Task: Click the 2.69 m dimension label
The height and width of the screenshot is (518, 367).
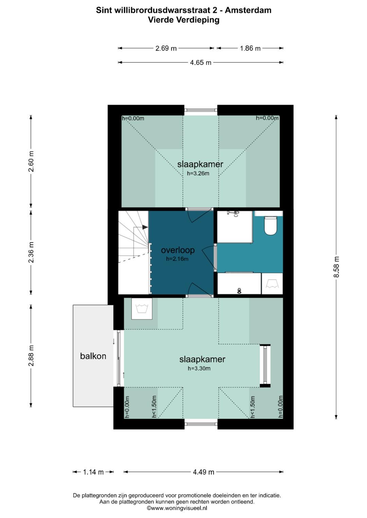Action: pos(166,48)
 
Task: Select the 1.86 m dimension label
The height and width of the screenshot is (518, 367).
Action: pos(250,48)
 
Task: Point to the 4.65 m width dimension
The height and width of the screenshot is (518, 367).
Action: pos(200,62)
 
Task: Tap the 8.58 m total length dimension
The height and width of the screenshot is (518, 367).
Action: pos(336,267)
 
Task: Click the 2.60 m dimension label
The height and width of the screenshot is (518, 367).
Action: pos(31,161)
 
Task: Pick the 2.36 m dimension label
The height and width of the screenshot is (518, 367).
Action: pos(31,252)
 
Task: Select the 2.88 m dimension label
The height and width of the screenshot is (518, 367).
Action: pos(31,356)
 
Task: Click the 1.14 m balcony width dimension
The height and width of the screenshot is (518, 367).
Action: pos(93,472)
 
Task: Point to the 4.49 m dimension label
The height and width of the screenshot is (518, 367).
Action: pos(204,472)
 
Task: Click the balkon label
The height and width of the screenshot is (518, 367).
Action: pos(93,356)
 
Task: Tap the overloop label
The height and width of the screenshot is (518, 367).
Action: pos(178,250)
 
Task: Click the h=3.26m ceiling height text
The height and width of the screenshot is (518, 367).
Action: pos(198,173)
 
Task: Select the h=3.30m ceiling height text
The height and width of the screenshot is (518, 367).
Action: pos(199,368)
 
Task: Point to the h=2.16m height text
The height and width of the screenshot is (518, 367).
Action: pos(177,259)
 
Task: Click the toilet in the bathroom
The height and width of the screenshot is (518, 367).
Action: pos(270,226)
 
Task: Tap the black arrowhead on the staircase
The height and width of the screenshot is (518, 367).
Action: pos(145,227)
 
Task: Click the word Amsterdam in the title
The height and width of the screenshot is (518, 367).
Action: pos(248,10)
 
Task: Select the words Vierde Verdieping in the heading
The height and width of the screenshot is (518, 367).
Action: pos(184,20)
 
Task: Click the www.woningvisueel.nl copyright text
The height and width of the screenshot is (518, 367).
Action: pos(177,508)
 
